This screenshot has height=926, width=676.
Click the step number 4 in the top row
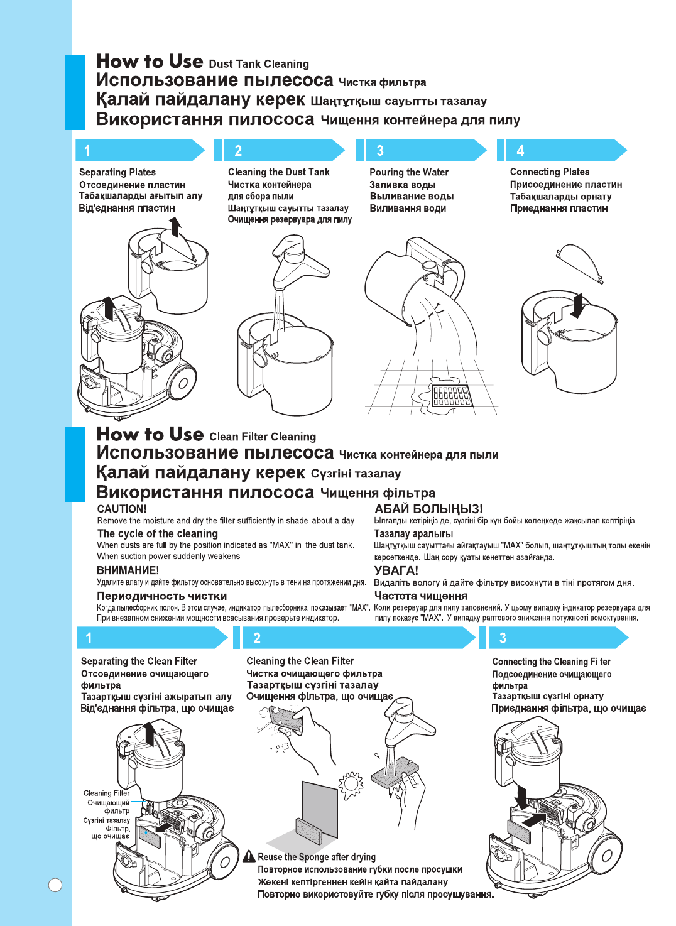520,151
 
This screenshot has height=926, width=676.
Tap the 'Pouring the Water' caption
409,172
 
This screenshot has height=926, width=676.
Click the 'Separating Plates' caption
117,172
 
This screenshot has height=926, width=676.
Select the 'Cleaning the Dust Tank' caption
278,172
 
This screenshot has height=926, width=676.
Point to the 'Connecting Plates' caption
550,172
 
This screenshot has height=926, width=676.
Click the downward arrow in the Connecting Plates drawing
578,306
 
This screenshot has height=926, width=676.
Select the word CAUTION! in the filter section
122,509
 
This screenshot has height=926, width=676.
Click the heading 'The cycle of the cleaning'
158,533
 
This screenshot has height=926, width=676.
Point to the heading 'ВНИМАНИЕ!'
128,570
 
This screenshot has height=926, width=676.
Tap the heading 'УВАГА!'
396,570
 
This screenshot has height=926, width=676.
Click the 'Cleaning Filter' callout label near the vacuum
106,793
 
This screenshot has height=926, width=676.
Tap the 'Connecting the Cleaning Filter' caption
551,662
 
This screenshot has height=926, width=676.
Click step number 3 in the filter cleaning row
503,638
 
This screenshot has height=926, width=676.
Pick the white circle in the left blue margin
55,885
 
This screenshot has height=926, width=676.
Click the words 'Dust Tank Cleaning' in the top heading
259,64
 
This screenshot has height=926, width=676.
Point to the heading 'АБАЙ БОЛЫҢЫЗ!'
428,509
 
